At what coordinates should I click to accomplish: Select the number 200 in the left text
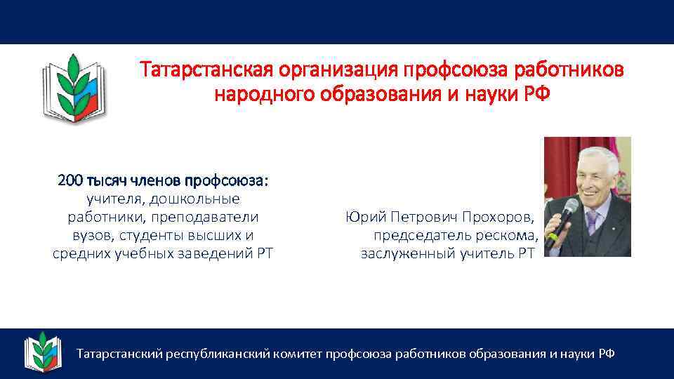(70, 181)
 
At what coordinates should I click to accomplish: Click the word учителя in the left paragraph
(112, 199)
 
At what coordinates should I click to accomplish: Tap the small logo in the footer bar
(44, 352)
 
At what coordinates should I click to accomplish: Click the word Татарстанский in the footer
(119, 354)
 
